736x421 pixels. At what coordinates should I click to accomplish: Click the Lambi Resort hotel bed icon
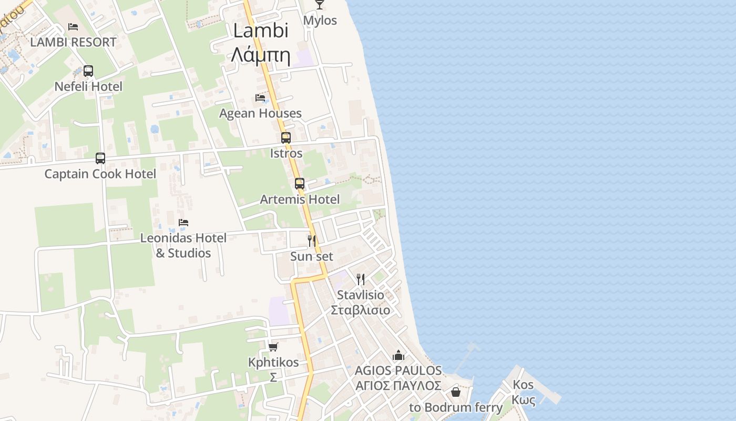click(73, 27)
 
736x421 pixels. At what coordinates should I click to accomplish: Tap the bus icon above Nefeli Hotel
click(88, 71)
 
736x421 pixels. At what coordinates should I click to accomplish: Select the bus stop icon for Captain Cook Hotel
click(100, 158)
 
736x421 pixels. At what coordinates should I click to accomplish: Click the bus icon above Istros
click(286, 138)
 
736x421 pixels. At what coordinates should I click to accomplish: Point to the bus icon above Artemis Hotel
click(300, 184)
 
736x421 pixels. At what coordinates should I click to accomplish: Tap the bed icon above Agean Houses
click(260, 98)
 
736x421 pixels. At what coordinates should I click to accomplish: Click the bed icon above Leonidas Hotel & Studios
click(183, 223)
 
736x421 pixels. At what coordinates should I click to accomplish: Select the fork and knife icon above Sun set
click(312, 241)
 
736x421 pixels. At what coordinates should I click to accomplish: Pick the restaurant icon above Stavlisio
click(360, 279)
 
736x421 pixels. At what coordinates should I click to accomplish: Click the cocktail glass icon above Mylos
click(320, 5)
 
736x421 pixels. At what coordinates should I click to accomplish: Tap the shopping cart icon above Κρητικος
click(273, 347)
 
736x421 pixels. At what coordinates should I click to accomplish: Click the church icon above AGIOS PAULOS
click(398, 356)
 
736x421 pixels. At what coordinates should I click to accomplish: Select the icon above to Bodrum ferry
click(456, 393)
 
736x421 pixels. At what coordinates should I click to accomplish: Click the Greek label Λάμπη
click(261, 54)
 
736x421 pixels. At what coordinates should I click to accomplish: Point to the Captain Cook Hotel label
click(100, 174)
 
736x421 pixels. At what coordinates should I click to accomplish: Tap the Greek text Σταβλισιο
click(361, 310)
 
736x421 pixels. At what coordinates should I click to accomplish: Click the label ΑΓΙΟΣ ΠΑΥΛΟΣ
click(398, 386)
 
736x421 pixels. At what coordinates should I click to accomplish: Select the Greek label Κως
click(524, 400)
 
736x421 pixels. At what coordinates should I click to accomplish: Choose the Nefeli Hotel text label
click(88, 87)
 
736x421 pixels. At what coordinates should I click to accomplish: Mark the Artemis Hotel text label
click(300, 199)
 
